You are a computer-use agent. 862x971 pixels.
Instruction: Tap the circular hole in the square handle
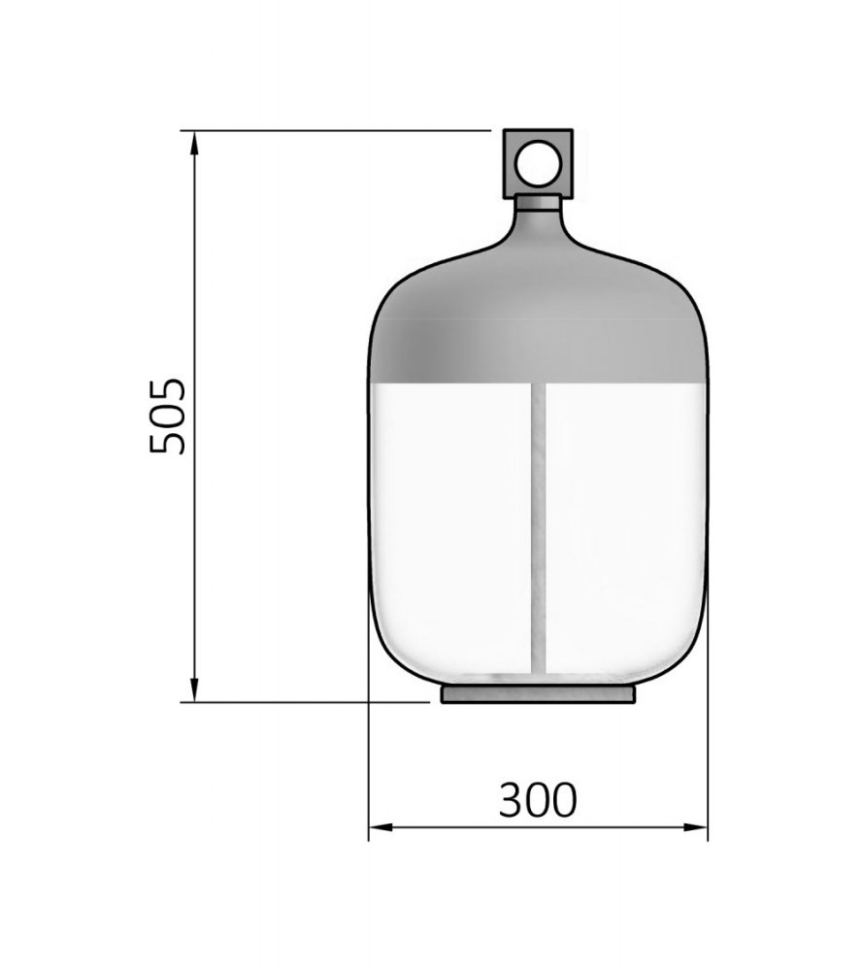538,163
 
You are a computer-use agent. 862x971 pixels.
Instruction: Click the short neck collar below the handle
538,203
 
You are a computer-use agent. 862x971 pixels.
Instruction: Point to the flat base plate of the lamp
538,694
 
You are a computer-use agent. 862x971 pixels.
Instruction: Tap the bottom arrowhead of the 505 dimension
194,689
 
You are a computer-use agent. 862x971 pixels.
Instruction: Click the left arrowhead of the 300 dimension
381,827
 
